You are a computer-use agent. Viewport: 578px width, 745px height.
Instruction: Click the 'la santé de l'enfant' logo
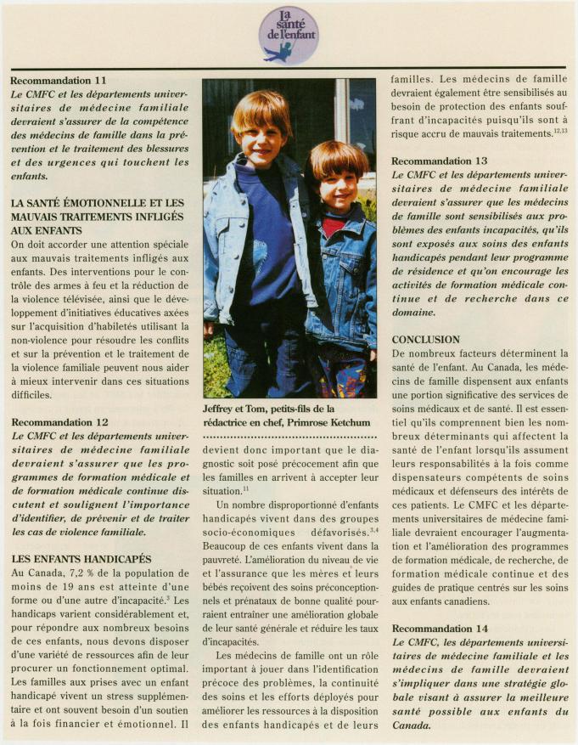[289, 35]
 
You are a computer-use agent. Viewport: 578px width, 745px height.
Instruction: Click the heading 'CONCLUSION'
[425, 339]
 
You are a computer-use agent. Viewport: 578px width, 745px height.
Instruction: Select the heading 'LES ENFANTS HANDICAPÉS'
[81, 559]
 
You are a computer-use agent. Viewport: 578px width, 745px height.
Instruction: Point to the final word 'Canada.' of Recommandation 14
[411, 726]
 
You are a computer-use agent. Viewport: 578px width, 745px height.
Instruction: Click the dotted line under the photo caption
[289, 437]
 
